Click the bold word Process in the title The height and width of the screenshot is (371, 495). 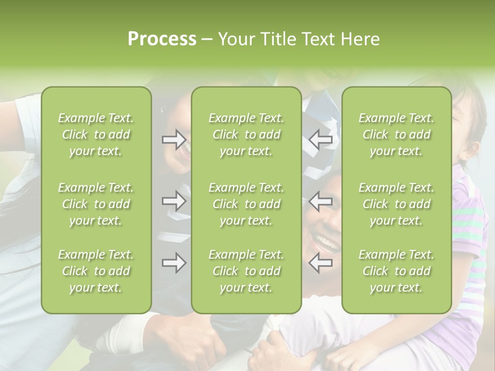(x=162, y=39)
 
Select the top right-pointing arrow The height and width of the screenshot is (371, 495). (x=174, y=139)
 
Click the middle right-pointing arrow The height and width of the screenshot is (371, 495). (x=174, y=200)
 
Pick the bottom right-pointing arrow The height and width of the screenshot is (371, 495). (x=174, y=263)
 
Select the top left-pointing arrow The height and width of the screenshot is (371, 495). (x=320, y=139)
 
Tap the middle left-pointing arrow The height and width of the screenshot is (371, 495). (x=320, y=200)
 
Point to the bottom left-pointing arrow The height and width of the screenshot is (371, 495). (x=320, y=263)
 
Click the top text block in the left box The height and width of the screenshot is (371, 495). (x=96, y=134)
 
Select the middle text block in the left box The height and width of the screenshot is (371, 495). (x=96, y=204)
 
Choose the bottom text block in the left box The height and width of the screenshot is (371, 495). (x=96, y=271)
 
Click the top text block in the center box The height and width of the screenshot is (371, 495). (x=246, y=134)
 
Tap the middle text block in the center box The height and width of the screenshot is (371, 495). (x=246, y=204)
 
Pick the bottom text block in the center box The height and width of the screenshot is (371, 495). (x=246, y=271)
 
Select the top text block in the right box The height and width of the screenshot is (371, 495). (x=396, y=134)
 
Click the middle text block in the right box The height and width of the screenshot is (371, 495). (x=396, y=204)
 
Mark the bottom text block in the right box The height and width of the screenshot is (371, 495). (x=396, y=271)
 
